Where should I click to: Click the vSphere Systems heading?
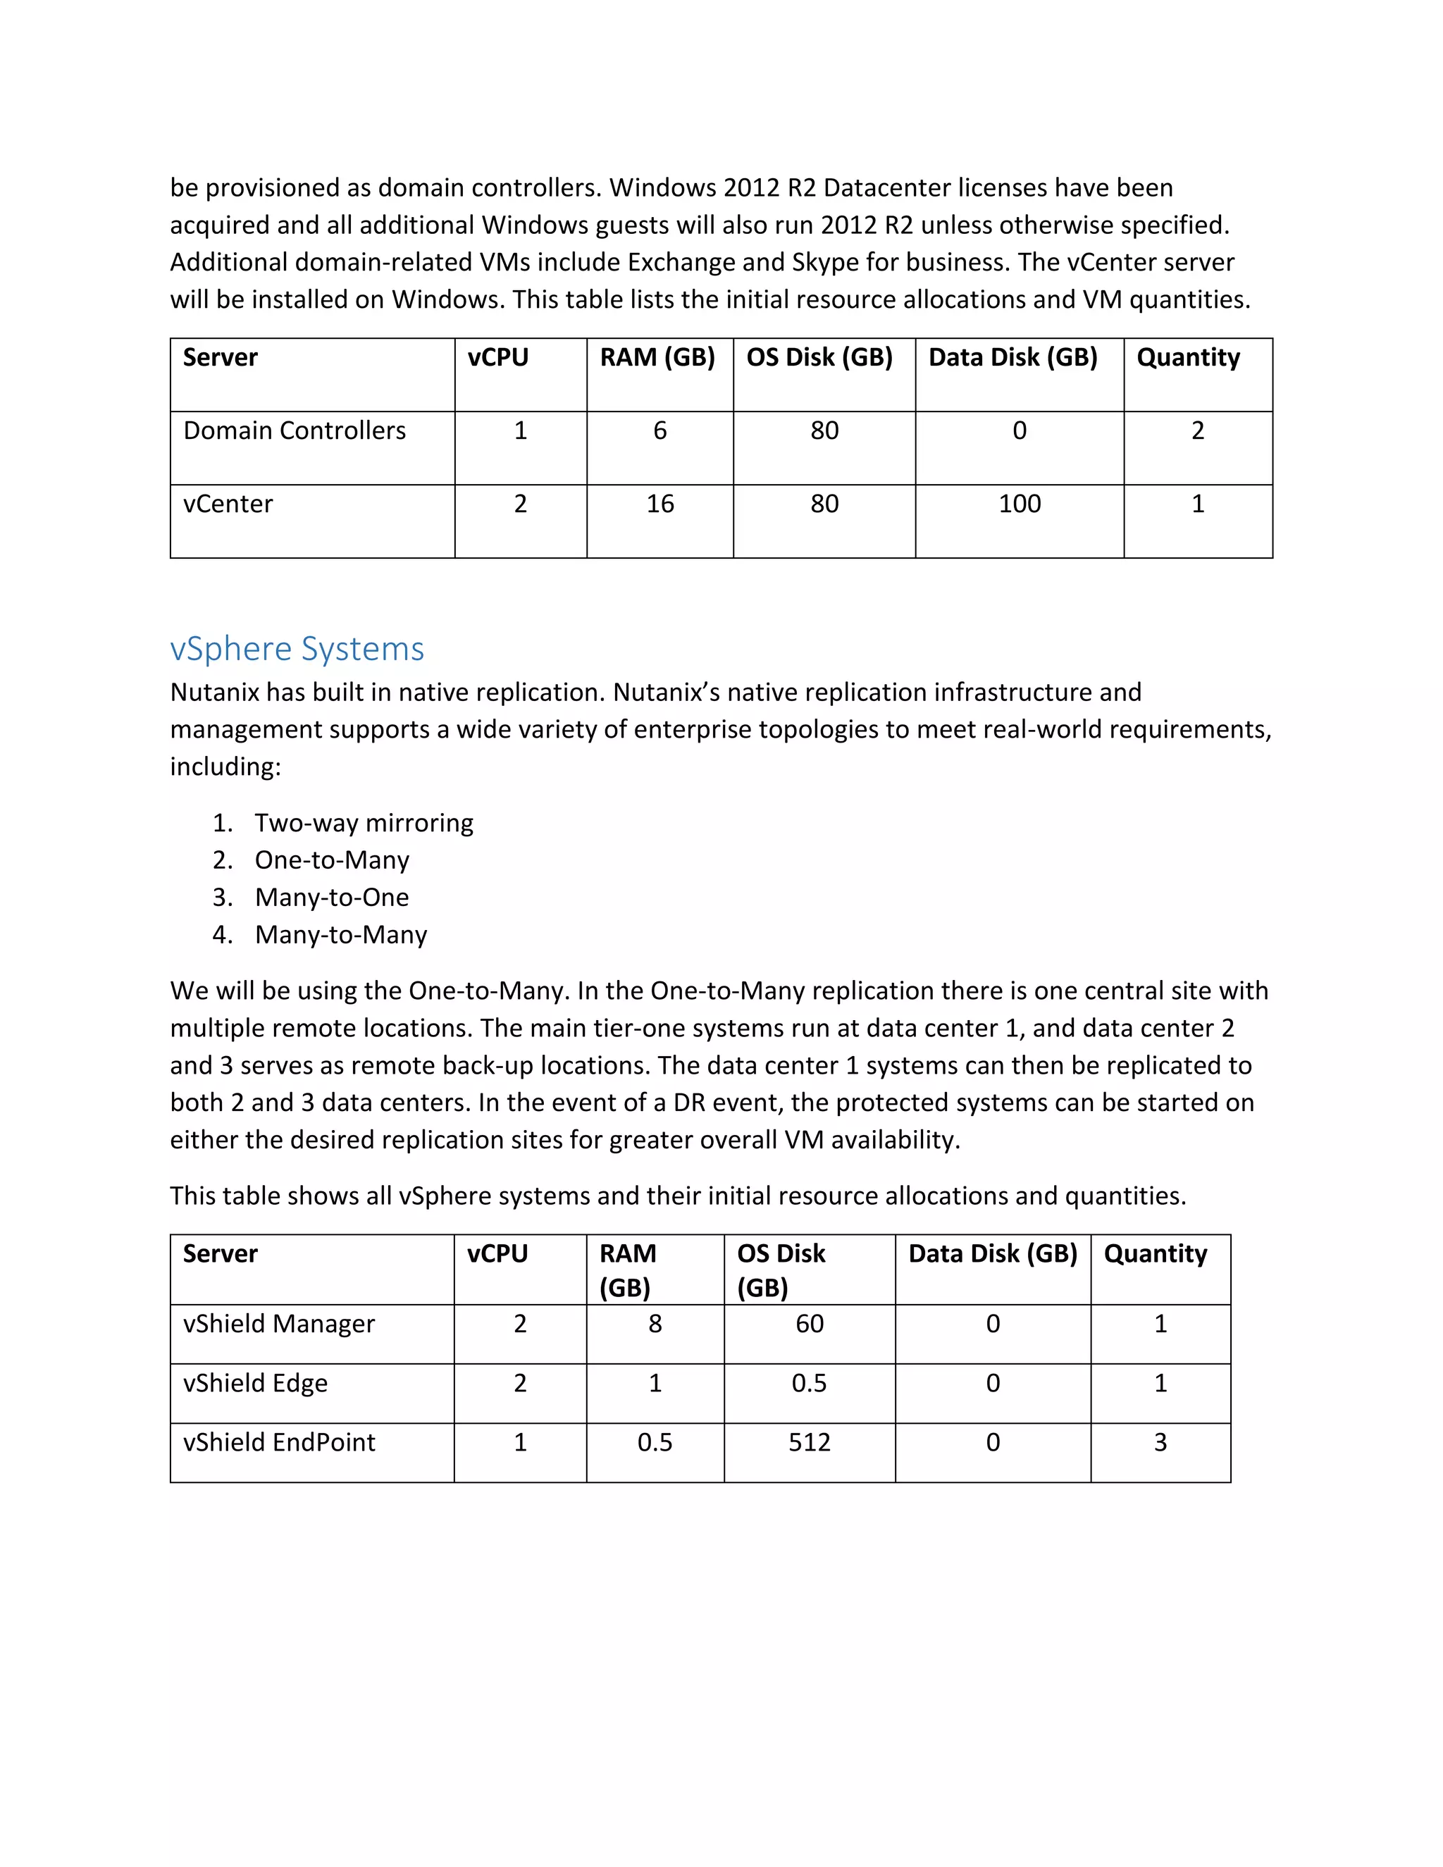[x=297, y=649]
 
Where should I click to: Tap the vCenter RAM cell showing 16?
[x=659, y=504]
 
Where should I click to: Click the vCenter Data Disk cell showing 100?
[x=1019, y=504]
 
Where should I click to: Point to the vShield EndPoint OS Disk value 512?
[x=809, y=1442]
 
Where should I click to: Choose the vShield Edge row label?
[x=255, y=1383]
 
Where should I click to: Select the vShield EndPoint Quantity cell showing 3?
[x=1160, y=1442]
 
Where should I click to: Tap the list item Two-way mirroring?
[x=364, y=822]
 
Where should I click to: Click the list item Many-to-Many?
[x=340, y=934]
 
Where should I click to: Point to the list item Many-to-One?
[x=332, y=897]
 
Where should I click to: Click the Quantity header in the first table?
[x=1187, y=357]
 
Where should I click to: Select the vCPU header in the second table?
[x=497, y=1253]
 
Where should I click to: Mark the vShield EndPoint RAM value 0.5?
[x=655, y=1442]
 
